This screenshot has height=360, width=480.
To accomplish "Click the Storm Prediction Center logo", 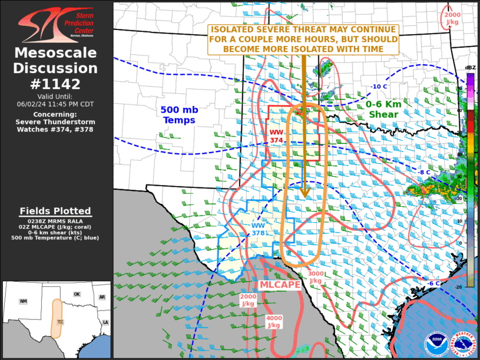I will [x=56, y=24].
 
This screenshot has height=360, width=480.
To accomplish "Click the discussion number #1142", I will [x=56, y=83].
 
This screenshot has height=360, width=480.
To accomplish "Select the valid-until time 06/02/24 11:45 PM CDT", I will [x=56, y=104].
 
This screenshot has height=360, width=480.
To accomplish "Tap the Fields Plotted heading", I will [x=55, y=211].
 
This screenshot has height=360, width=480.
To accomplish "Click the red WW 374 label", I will [x=277, y=136].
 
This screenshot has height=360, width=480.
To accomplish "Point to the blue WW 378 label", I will [x=259, y=229].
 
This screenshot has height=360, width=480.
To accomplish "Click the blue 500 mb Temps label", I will [x=178, y=115].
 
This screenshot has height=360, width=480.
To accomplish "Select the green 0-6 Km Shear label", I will [x=383, y=109].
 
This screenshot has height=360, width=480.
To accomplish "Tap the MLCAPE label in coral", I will [x=280, y=285].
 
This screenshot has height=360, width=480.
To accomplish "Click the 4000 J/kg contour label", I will [x=274, y=322].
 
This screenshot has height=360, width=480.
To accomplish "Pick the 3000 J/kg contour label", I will [x=315, y=277].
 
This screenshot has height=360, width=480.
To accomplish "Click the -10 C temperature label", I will [x=378, y=87].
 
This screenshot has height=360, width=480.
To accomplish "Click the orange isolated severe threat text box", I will [x=303, y=39].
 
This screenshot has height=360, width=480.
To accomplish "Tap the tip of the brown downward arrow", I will [x=304, y=197].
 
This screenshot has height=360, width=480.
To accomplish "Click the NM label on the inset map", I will [x=24, y=301].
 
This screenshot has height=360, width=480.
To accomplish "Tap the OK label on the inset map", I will [x=77, y=294].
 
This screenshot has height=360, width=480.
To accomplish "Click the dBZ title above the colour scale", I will [x=469, y=68].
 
